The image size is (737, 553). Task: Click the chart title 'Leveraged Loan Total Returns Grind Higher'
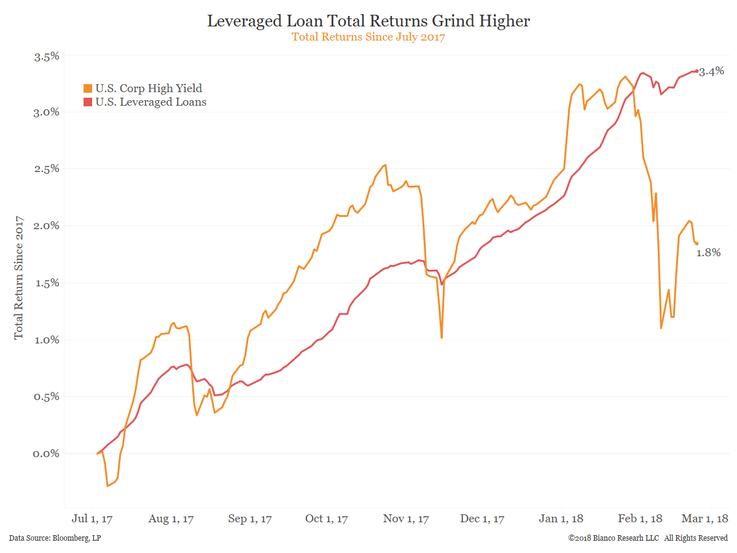click(x=368, y=21)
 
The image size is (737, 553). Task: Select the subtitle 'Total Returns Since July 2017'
click(x=368, y=37)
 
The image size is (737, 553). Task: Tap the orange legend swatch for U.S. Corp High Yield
click(x=88, y=88)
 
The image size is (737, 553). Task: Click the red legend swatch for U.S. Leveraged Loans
click(x=88, y=102)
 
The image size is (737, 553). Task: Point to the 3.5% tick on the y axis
click(x=46, y=56)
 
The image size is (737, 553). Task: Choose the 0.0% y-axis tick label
click(x=46, y=453)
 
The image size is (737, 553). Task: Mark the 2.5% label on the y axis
click(x=46, y=169)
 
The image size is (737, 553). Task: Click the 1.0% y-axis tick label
click(x=46, y=340)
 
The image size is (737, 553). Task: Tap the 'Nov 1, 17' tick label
click(x=406, y=519)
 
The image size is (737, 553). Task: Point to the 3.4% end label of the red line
click(x=712, y=72)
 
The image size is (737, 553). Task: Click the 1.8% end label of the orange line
click(x=708, y=253)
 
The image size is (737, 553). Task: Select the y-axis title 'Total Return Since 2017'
click(x=19, y=276)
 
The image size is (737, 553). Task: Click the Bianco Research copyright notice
click(x=648, y=538)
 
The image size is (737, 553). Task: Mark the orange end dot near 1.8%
click(x=696, y=243)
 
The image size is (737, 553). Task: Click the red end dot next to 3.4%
click(x=696, y=71)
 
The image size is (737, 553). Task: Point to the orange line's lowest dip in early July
click(x=108, y=486)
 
